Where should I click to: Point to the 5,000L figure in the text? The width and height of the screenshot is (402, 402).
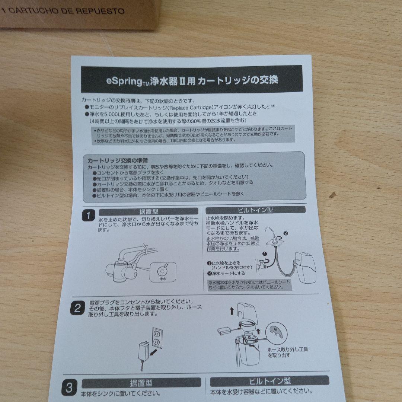pyautogui.click(x=116, y=114)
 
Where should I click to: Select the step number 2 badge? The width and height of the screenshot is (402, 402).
pyautogui.click(x=77, y=307)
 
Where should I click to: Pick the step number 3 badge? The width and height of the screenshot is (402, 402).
pyautogui.click(x=69, y=387)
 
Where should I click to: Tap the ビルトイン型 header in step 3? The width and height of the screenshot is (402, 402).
pyautogui.click(x=269, y=380)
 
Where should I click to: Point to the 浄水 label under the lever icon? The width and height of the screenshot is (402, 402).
pyautogui.click(x=163, y=278)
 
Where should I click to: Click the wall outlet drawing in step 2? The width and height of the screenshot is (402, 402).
pyautogui.click(x=157, y=337)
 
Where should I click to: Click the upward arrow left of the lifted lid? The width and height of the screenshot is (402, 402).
pyautogui.click(x=232, y=310)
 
